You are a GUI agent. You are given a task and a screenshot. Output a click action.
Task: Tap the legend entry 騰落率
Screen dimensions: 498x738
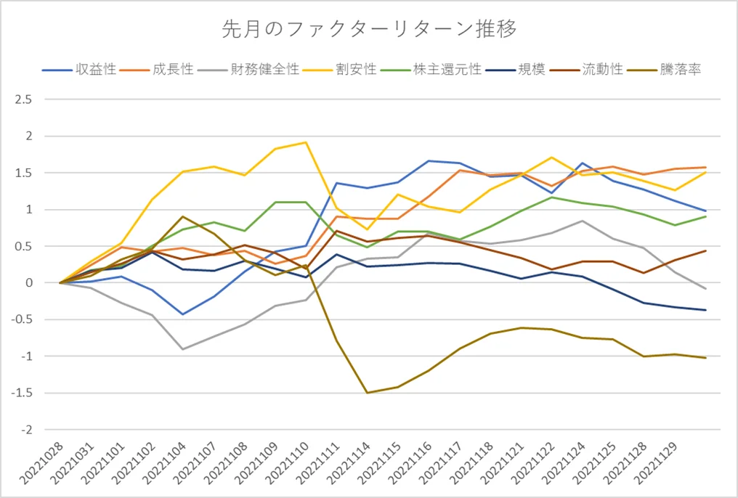pyautogui.click(x=680, y=70)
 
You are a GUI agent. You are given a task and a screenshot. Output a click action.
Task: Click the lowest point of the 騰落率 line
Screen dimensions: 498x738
pyautogui.click(x=368, y=393)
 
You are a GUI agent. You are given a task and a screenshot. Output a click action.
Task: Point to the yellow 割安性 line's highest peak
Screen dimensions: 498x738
pyautogui.click(x=306, y=142)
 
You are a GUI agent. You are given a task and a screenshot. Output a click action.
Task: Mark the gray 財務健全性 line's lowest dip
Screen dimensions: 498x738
pyautogui.click(x=183, y=349)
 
